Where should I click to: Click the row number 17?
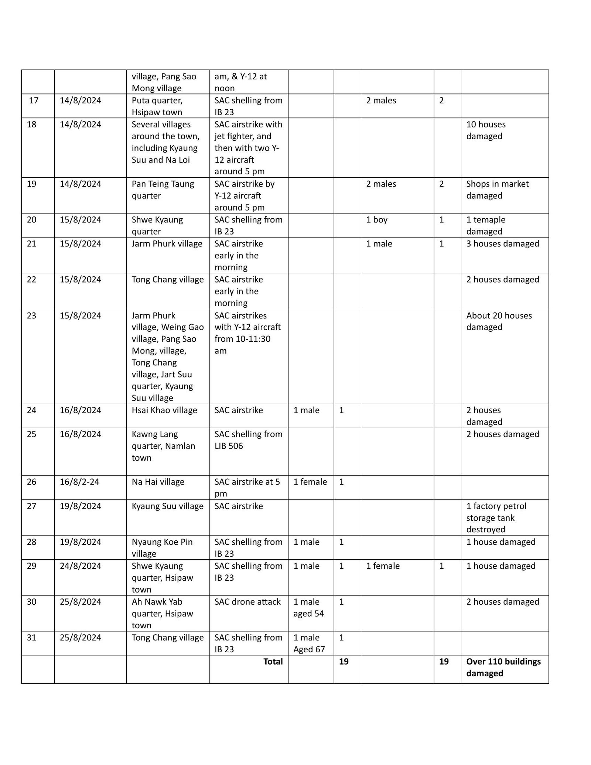click(34, 100)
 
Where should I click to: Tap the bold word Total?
click(273, 661)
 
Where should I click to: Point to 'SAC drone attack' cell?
click(247, 602)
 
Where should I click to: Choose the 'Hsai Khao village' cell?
click(164, 410)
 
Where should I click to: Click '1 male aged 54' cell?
click(308, 608)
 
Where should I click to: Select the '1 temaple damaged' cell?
click(485, 225)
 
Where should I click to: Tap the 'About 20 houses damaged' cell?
click(499, 321)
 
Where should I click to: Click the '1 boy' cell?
click(376, 220)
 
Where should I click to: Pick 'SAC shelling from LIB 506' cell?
click(248, 440)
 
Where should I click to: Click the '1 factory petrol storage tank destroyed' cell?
click(496, 518)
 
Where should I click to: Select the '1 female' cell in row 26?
click(310, 482)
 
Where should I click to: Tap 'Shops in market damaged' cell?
click(497, 189)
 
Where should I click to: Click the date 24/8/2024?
click(81, 566)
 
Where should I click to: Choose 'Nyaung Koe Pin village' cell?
click(162, 548)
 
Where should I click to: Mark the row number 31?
click(32, 638)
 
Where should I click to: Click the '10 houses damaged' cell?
click(485, 130)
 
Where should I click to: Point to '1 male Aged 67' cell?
click(309, 643)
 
